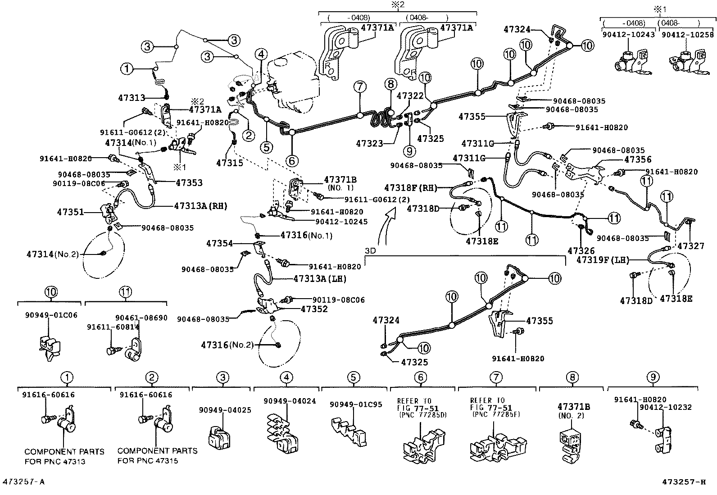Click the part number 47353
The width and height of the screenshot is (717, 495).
[189, 183]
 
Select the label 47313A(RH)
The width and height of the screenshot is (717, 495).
[200, 206]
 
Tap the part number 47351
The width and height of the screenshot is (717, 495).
[70, 211]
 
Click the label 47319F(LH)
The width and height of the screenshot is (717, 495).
[603, 260]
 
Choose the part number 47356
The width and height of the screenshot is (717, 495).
[638, 159]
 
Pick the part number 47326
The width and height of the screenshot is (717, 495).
[581, 251]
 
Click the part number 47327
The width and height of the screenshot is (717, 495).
[690, 246]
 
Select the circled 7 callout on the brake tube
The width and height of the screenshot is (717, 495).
[359, 87]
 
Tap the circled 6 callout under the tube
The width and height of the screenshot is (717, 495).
[291, 160]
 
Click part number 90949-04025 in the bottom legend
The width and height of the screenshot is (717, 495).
[225, 410]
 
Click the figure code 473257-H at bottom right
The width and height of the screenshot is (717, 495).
[684, 482]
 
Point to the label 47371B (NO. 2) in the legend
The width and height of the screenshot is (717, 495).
[573, 410]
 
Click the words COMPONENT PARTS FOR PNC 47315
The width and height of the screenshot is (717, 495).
[157, 455]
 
